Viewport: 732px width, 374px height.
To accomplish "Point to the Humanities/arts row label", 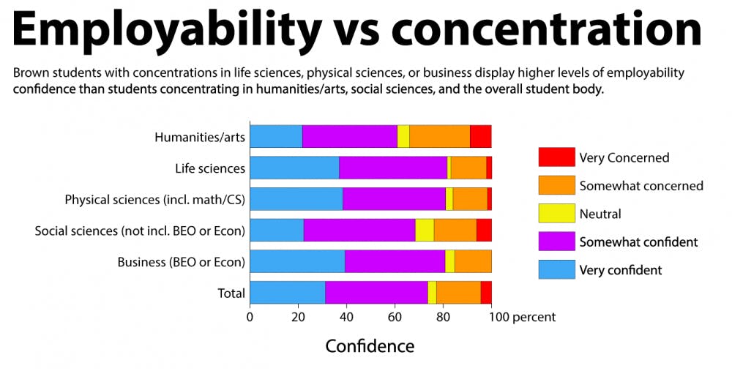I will click(199, 137).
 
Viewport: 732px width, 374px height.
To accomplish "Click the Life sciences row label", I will click(209, 168).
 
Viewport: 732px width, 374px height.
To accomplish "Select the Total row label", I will click(231, 293).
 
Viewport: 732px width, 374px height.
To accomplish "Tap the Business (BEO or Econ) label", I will click(181, 262).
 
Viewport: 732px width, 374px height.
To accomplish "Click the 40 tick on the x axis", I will click(346, 317).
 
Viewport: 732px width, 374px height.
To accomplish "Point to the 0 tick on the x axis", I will click(250, 317).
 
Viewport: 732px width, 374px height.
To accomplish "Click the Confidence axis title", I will click(370, 346).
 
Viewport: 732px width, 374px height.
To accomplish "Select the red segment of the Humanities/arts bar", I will click(480, 137).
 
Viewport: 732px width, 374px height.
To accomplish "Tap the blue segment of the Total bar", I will click(287, 293).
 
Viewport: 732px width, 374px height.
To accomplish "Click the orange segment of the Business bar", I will click(473, 261).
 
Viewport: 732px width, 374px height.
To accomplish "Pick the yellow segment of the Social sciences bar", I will click(425, 230).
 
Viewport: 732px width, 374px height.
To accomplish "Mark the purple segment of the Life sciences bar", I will click(393, 168).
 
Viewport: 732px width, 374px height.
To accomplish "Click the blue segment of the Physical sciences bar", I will click(296, 199).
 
